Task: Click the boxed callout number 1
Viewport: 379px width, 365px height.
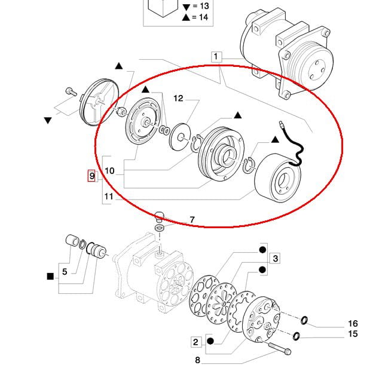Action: [216, 57]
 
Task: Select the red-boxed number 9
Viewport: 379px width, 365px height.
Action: [91, 176]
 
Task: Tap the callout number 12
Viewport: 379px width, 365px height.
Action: [179, 98]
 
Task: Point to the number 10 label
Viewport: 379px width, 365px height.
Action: [109, 171]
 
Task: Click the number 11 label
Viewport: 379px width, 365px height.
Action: [109, 195]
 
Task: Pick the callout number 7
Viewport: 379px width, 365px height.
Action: [192, 220]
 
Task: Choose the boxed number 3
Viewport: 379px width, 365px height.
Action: [275, 259]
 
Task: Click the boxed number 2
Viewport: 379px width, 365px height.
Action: [195, 342]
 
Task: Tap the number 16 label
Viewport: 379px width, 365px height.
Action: [353, 324]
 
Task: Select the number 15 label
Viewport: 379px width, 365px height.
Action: [353, 334]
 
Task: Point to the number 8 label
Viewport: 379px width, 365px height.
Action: [197, 360]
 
